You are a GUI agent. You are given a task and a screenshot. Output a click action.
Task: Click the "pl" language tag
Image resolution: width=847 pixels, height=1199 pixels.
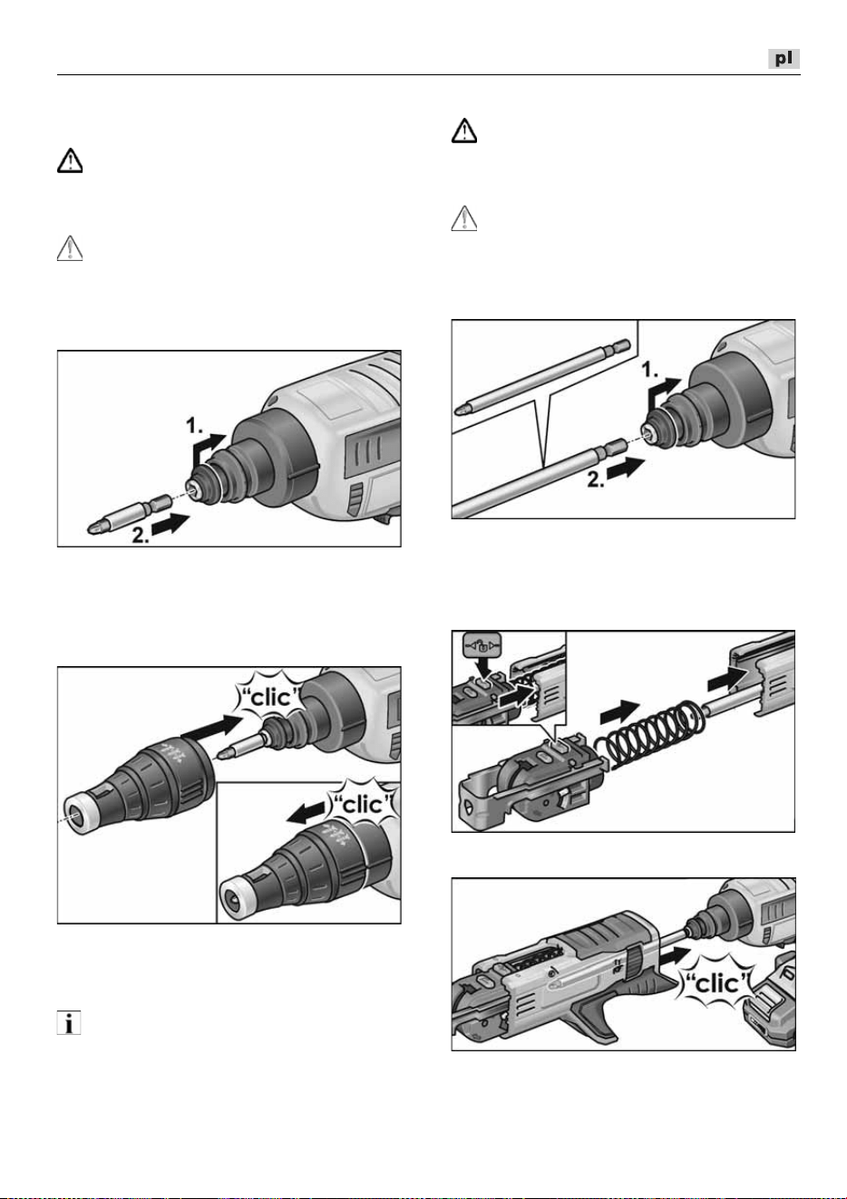(x=784, y=58)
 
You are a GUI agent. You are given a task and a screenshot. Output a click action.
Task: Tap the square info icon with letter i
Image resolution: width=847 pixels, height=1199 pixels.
(x=69, y=1022)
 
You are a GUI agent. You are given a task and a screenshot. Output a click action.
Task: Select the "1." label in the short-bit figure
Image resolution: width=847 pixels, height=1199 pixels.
(x=194, y=426)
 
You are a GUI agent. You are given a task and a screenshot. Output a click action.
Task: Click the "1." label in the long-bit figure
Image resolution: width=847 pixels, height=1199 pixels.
(x=650, y=368)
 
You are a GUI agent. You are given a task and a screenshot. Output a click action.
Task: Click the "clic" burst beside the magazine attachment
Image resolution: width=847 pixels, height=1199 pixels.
(x=717, y=982)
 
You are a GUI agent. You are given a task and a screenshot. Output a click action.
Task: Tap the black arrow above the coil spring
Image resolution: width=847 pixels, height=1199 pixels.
(x=620, y=711)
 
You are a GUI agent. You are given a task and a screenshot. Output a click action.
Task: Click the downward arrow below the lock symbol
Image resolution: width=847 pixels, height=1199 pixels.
(x=486, y=668)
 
